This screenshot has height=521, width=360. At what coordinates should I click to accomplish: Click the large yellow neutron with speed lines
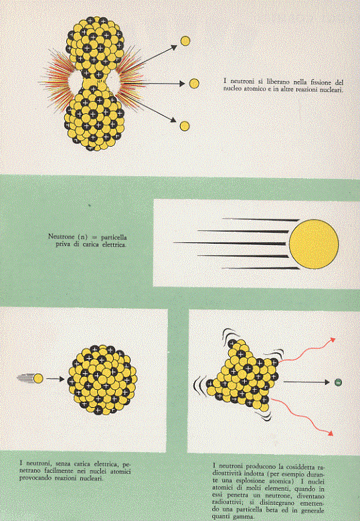pos(314,244)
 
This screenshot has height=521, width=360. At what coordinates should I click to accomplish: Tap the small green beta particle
pos(338,382)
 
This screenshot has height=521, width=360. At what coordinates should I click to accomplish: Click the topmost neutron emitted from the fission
pos(185,41)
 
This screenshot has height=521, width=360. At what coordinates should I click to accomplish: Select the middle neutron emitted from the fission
pos(194,84)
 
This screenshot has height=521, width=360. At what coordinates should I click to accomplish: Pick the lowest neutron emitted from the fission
pos(185,126)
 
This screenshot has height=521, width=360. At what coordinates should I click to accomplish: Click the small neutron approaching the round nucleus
pos(38,378)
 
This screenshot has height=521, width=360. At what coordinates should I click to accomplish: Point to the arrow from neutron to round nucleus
pos(55,379)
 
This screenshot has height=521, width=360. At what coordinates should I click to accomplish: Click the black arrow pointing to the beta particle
pos(306,382)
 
